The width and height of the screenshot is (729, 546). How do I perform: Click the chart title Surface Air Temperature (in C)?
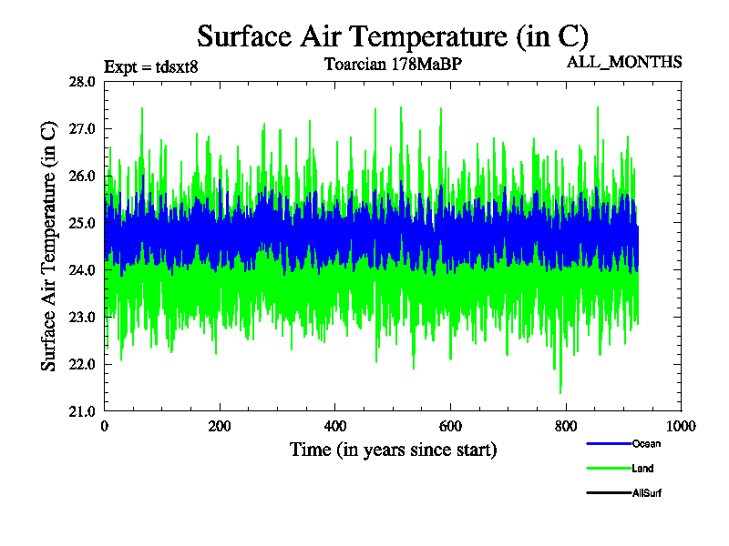[x=393, y=36]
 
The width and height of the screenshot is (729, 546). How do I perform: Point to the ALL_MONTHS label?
[x=624, y=62]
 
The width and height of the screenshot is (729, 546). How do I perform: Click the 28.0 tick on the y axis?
[x=82, y=82]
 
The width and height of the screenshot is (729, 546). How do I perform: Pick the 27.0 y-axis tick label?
[x=82, y=129]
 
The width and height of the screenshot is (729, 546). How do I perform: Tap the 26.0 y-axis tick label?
[x=82, y=176]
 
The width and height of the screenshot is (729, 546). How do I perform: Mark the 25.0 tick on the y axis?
[x=82, y=223]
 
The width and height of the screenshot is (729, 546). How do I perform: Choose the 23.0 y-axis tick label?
[x=82, y=317]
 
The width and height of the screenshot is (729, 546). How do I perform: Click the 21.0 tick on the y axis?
[x=82, y=411]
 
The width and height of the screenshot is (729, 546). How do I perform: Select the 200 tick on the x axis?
[x=220, y=427]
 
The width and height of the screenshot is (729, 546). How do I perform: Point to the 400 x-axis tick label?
[x=335, y=427]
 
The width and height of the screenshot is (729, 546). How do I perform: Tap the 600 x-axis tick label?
[x=450, y=427]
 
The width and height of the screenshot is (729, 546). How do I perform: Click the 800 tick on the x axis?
[x=566, y=427]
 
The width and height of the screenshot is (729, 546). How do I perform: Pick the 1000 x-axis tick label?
[x=680, y=427]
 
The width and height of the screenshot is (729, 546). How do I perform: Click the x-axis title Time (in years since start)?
[x=393, y=450]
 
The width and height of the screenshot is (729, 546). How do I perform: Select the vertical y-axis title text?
[x=49, y=246]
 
